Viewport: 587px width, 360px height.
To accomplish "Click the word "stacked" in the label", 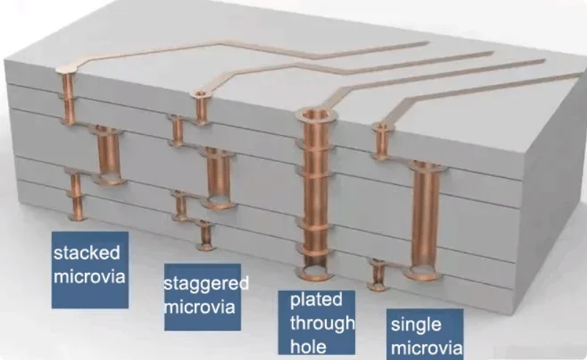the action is (x=86, y=253).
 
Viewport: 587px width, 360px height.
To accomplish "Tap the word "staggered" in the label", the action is (x=206, y=284).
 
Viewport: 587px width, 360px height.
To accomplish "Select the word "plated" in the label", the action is (x=316, y=300).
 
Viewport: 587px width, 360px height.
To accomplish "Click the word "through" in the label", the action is (x=322, y=324).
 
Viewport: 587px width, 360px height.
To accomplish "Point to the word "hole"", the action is (x=308, y=346).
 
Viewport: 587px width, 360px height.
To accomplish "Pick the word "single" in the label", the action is (x=416, y=325).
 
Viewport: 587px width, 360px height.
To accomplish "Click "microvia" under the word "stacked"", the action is (x=89, y=276).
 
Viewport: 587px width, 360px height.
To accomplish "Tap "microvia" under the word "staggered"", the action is (x=199, y=307).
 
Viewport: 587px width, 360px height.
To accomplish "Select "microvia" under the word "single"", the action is (x=427, y=348).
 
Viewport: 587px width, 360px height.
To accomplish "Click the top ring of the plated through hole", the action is (x=316, y=114).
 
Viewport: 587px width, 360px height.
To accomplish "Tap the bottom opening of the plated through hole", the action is (x=314, y=272).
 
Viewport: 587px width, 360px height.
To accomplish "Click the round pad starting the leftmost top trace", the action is (x=66, y=69).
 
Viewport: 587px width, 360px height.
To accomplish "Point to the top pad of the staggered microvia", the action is (x=201, y=94).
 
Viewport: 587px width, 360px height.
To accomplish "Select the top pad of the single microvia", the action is (x=382, y=127).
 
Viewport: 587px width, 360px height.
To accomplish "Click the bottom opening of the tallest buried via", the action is (x=423, y=272).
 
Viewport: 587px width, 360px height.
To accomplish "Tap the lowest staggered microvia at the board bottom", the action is (x=206, y=235).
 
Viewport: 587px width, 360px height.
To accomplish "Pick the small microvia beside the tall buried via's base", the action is (x=378, y=275).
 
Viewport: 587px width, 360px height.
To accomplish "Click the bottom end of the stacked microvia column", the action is (x=77, y=217).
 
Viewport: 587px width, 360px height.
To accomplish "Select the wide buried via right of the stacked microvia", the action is (x=109, y=155).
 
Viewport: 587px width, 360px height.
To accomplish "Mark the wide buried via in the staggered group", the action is (x=219, y=178).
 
